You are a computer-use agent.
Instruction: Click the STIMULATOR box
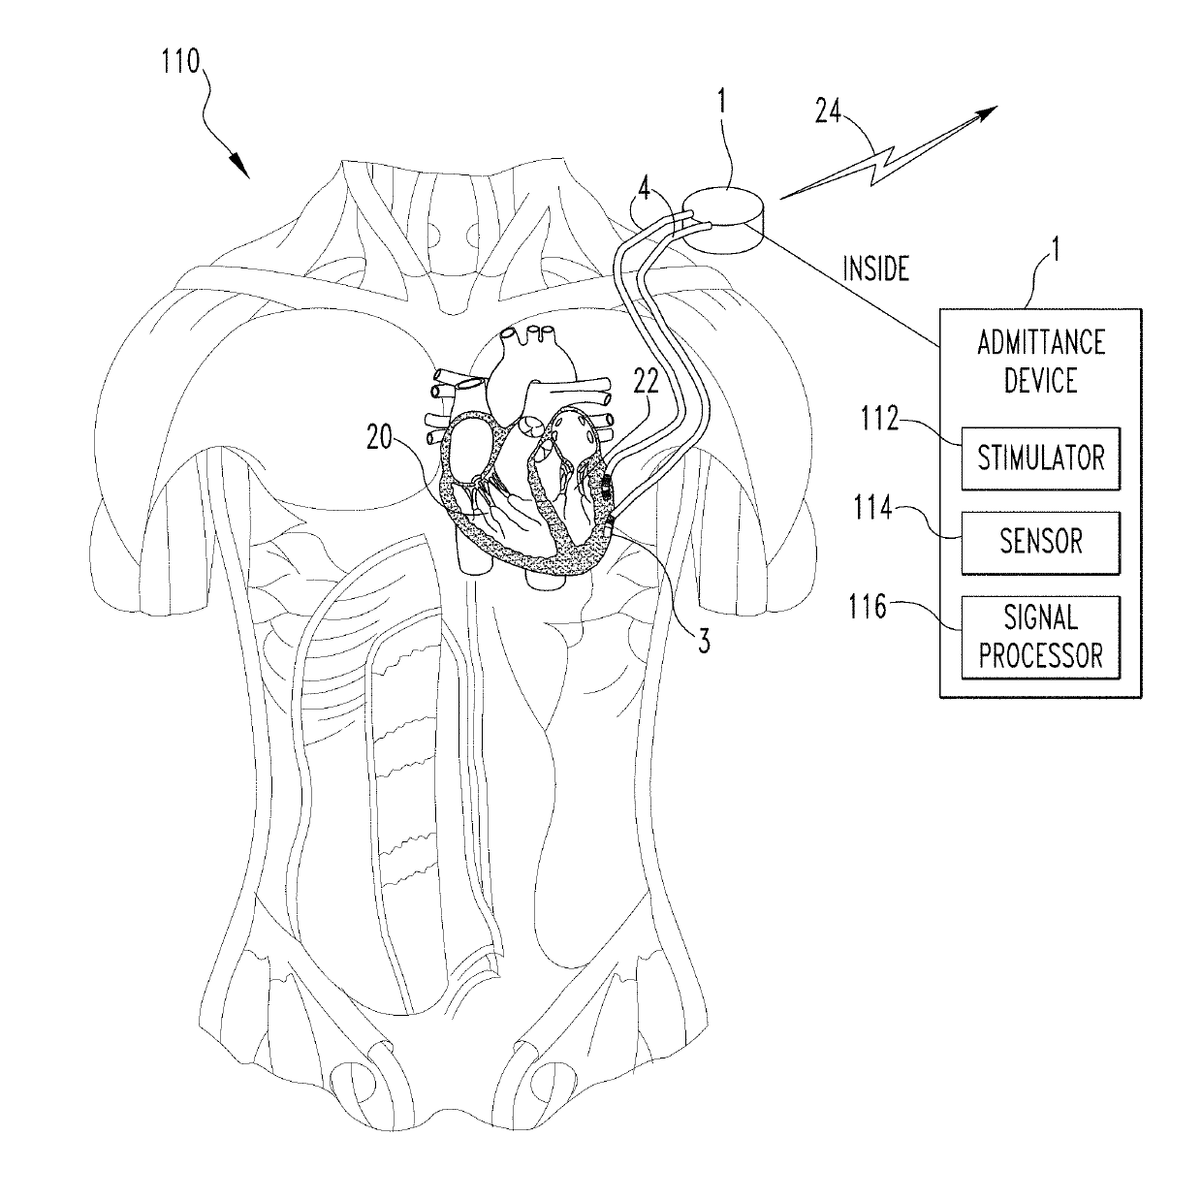pos(1040,458)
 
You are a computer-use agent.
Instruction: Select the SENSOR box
pos(1040,542)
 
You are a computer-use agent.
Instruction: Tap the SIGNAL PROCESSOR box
pos(1040,637)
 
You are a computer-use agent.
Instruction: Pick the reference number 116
pos(868,608)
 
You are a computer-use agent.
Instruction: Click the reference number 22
pos(646,382)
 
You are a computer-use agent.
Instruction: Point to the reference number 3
pos(706,640)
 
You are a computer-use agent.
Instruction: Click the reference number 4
pos(644,185)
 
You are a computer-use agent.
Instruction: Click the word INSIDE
pos(875,268)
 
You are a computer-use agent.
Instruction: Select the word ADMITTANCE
pos(1040,343)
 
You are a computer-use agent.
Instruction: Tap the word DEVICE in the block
pos(1040,379)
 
